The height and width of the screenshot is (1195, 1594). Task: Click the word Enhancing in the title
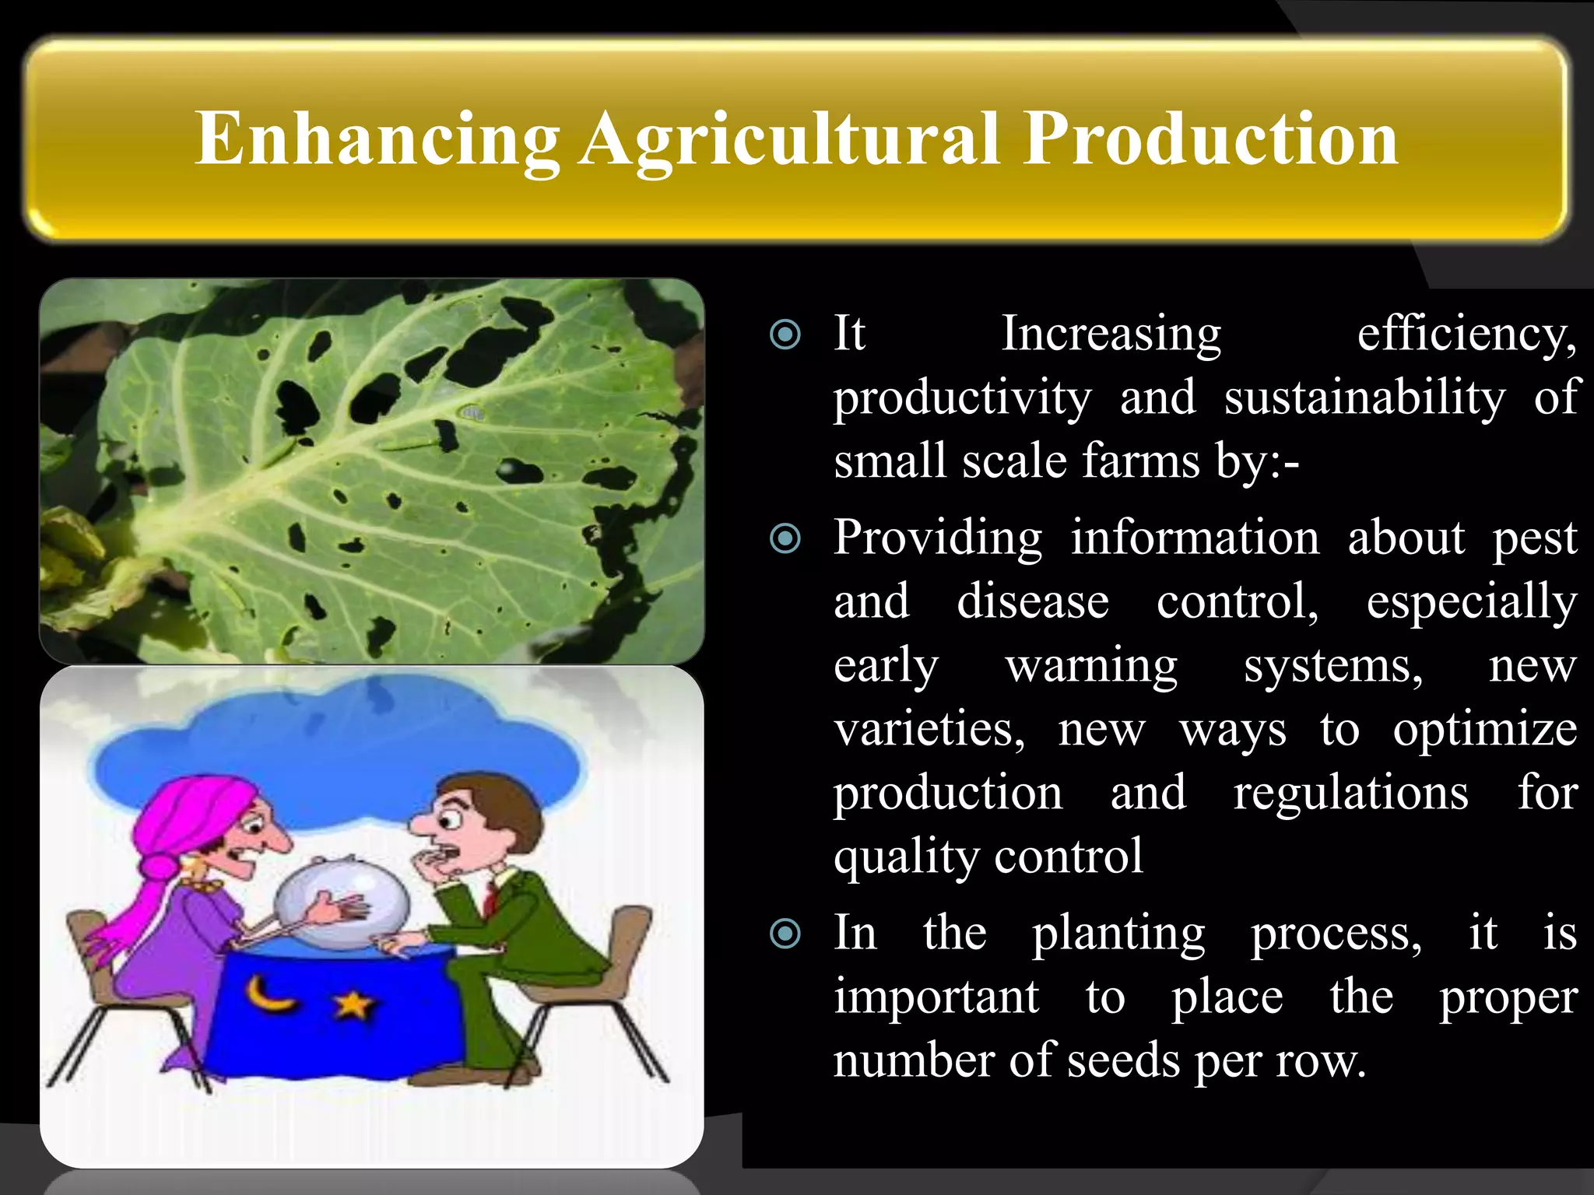tap(377, 140)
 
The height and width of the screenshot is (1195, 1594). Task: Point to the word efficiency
tap(1466, 335)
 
